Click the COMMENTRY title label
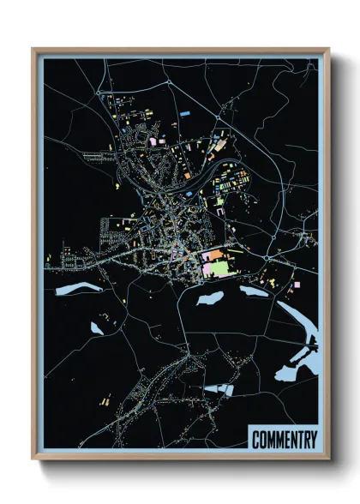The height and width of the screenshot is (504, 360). [x=285, y=440]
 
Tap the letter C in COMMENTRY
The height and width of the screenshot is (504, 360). [x=256, y=440]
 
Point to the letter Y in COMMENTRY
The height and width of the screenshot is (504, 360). [x=313, y=440]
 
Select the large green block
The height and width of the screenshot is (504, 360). [x=218, y=268]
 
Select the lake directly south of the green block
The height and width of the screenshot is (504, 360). [x=210, y=299]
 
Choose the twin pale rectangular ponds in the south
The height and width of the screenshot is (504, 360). [x=219, y=390]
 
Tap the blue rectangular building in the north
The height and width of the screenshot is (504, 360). [x=186, y=112]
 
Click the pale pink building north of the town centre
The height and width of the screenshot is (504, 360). [x=156, y=140]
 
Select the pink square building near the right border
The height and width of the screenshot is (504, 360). [x=297, y=283]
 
